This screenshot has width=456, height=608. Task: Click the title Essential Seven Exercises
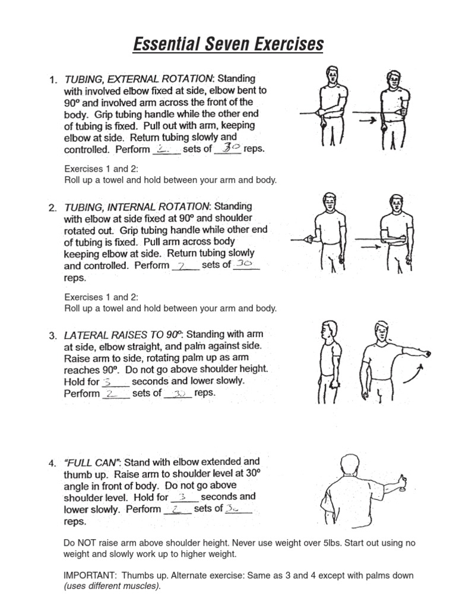228,44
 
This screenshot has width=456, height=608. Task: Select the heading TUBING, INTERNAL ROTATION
137,207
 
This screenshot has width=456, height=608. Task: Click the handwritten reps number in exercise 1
227,148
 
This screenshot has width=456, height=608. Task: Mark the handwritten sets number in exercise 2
183,265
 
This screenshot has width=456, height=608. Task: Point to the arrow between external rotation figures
369,121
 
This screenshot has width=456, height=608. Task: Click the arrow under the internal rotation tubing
368,246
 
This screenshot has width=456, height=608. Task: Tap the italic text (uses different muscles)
112,586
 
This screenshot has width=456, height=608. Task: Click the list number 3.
53,335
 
